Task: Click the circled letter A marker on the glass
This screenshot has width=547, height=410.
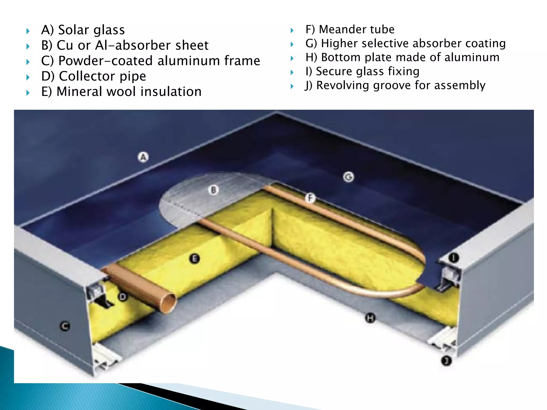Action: pos(143,157)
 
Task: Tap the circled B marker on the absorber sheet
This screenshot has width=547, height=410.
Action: pos(213,190)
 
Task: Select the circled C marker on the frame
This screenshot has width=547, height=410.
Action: pos(65,326)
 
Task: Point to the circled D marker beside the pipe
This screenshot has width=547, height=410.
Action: pos(123,297)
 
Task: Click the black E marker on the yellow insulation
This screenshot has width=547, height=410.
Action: pos(194,258)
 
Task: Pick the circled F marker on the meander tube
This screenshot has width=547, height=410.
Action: pos(310,198)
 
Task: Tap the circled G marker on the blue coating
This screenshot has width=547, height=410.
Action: pos(348,177)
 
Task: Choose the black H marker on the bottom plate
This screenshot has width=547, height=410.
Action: pos(370,318)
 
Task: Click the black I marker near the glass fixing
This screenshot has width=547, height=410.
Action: pos(454,258)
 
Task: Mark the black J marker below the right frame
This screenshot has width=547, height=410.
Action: pos(446,361)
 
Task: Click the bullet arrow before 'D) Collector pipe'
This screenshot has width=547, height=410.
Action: pos(28,77)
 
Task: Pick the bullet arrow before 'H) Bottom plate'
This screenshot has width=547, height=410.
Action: pos(292,58)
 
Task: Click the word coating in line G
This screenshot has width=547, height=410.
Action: pos(485,44)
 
